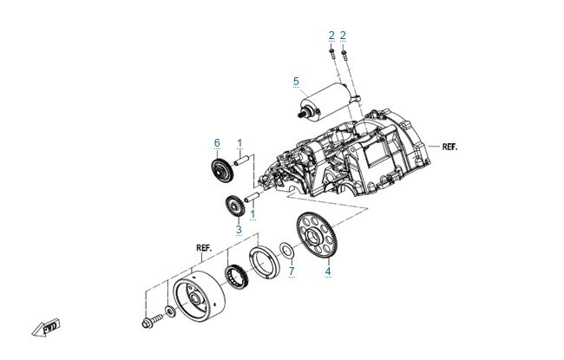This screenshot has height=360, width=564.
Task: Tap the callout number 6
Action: tap(218, 142)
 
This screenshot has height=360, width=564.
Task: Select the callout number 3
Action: tap(239, 229)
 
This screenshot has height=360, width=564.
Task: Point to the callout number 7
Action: tap(292, 272)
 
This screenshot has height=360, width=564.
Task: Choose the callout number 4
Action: tap(328, 272)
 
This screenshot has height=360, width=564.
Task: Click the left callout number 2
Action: tap(331, 35)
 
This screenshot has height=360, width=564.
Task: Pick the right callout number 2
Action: tap(344, 35)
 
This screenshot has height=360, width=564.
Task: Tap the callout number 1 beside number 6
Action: tap(239, 142)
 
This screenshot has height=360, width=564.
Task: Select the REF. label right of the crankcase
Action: tap(449, 147)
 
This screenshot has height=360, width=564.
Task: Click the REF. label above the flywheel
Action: tap(205, 247)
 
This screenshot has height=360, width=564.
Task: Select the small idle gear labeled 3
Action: tap(233, 209)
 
